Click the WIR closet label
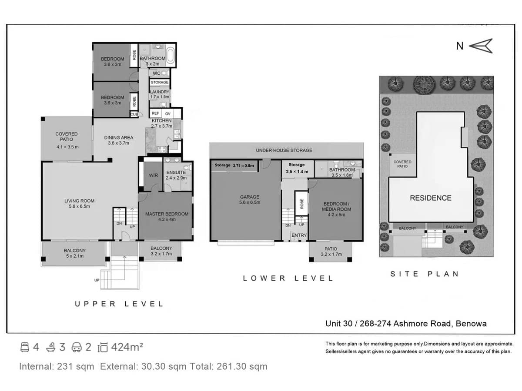pyautogui.click(x=153, y=176)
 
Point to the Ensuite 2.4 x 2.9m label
pyautogui.click(x=176, y=175)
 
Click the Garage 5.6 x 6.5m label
pyautogui.click(x=249, y=199)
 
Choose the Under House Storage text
pyautogui.click(x=284, y=150)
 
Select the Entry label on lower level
pyautogui.click(x=299, y=235)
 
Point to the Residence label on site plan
pyautogui.click(x=430, y=198)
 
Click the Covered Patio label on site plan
pyautogui.click(x=402, y=164)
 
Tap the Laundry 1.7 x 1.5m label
pyautogui.click(x=159, y=94)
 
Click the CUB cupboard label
pyautogui.click(x=134, y=114)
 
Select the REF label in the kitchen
pyautogui.click(x=155, y=113)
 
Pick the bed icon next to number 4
pyautogui.click(x=25, y=347)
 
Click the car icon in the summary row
pyautogui.click(x=77, y=347)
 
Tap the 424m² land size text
pyautogui.click(x=127, y=347)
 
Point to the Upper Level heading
pyautogui.click(x=119, y=304)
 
